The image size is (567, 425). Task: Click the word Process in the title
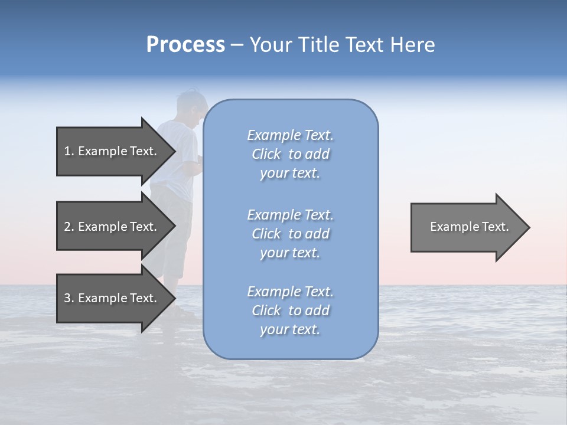pos(185,45)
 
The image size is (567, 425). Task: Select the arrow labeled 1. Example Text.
pos(112,151)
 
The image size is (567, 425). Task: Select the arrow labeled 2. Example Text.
pos(112,227)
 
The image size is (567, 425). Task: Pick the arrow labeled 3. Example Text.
pos(112,298)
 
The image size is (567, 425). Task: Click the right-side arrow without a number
pos(467,227)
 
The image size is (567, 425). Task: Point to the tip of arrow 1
pos(174,151)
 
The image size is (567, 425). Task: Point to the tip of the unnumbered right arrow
pos(529,227)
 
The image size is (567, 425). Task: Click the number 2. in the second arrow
pos(69,227)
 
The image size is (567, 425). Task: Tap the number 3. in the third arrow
pos(69,298)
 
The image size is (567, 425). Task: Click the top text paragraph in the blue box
pos(290,154)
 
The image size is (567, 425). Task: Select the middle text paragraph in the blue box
pos(290,234)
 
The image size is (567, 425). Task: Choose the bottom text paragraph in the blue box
pos(290,310)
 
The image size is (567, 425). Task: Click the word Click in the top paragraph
pos(266,154)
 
